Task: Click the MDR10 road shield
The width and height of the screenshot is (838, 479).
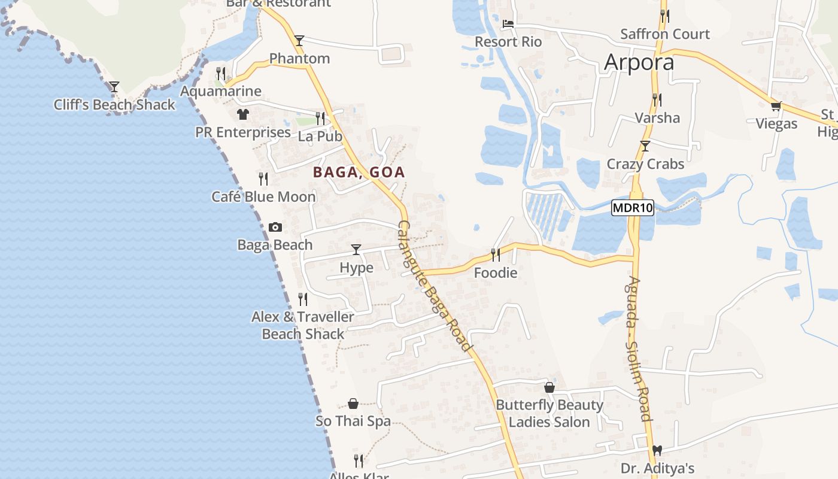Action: pos(633,208)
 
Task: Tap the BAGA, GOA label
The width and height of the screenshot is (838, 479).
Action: pos(359,172)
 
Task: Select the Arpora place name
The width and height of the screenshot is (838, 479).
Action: pos(639,62)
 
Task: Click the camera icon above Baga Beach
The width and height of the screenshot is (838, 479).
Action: pos(275,227)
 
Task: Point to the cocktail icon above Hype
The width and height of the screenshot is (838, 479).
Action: pos(356,249)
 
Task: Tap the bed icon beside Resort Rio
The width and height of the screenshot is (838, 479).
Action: pos(508,24)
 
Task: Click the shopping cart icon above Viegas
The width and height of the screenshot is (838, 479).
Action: pos(776,106)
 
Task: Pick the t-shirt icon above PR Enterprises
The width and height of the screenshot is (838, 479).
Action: pos(242,114)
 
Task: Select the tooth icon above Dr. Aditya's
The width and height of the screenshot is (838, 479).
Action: pos(657,450)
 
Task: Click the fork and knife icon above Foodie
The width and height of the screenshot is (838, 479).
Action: pos(495,255)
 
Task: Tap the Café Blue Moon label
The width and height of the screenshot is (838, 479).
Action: pos(263,196)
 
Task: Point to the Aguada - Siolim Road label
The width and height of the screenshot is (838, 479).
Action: pos(639,348)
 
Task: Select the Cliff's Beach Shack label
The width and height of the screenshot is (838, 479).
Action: pos(114,105)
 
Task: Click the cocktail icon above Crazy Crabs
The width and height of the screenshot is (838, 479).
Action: pos(645,145)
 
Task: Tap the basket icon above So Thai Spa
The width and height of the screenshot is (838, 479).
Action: pos(353,404)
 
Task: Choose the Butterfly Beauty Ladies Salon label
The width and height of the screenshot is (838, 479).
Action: pos(549,413)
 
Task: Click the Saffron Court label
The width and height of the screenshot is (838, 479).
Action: pos(664,34)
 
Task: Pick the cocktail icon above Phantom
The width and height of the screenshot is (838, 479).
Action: pos(299,40)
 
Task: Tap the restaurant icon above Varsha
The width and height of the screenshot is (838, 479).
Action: pos(657,99)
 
